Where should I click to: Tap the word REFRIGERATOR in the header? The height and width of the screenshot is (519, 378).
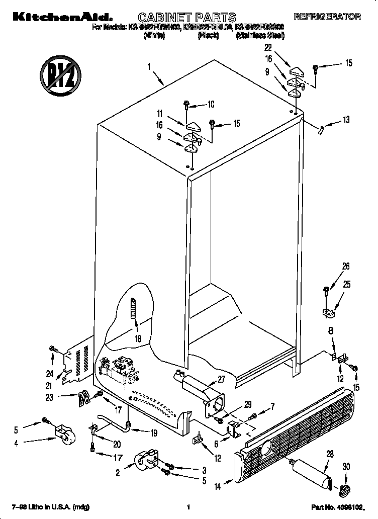pyautogui.click(x=327, y=17)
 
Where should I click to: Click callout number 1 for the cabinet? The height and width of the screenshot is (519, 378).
pyautogui.click(x=149, y=66)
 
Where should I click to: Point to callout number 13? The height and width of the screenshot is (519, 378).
pyautogui.click(x=346, y=120)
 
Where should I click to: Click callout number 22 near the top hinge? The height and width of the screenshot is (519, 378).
pyautogui.click(x=268, y=48)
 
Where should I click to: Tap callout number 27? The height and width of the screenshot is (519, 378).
pyautogui.click(x=222, y=379)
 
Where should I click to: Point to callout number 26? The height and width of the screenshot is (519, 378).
pyautogui.click(x=346, y=267)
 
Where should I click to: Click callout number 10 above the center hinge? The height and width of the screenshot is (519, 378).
pyautogui.click(x=211, y=105)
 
